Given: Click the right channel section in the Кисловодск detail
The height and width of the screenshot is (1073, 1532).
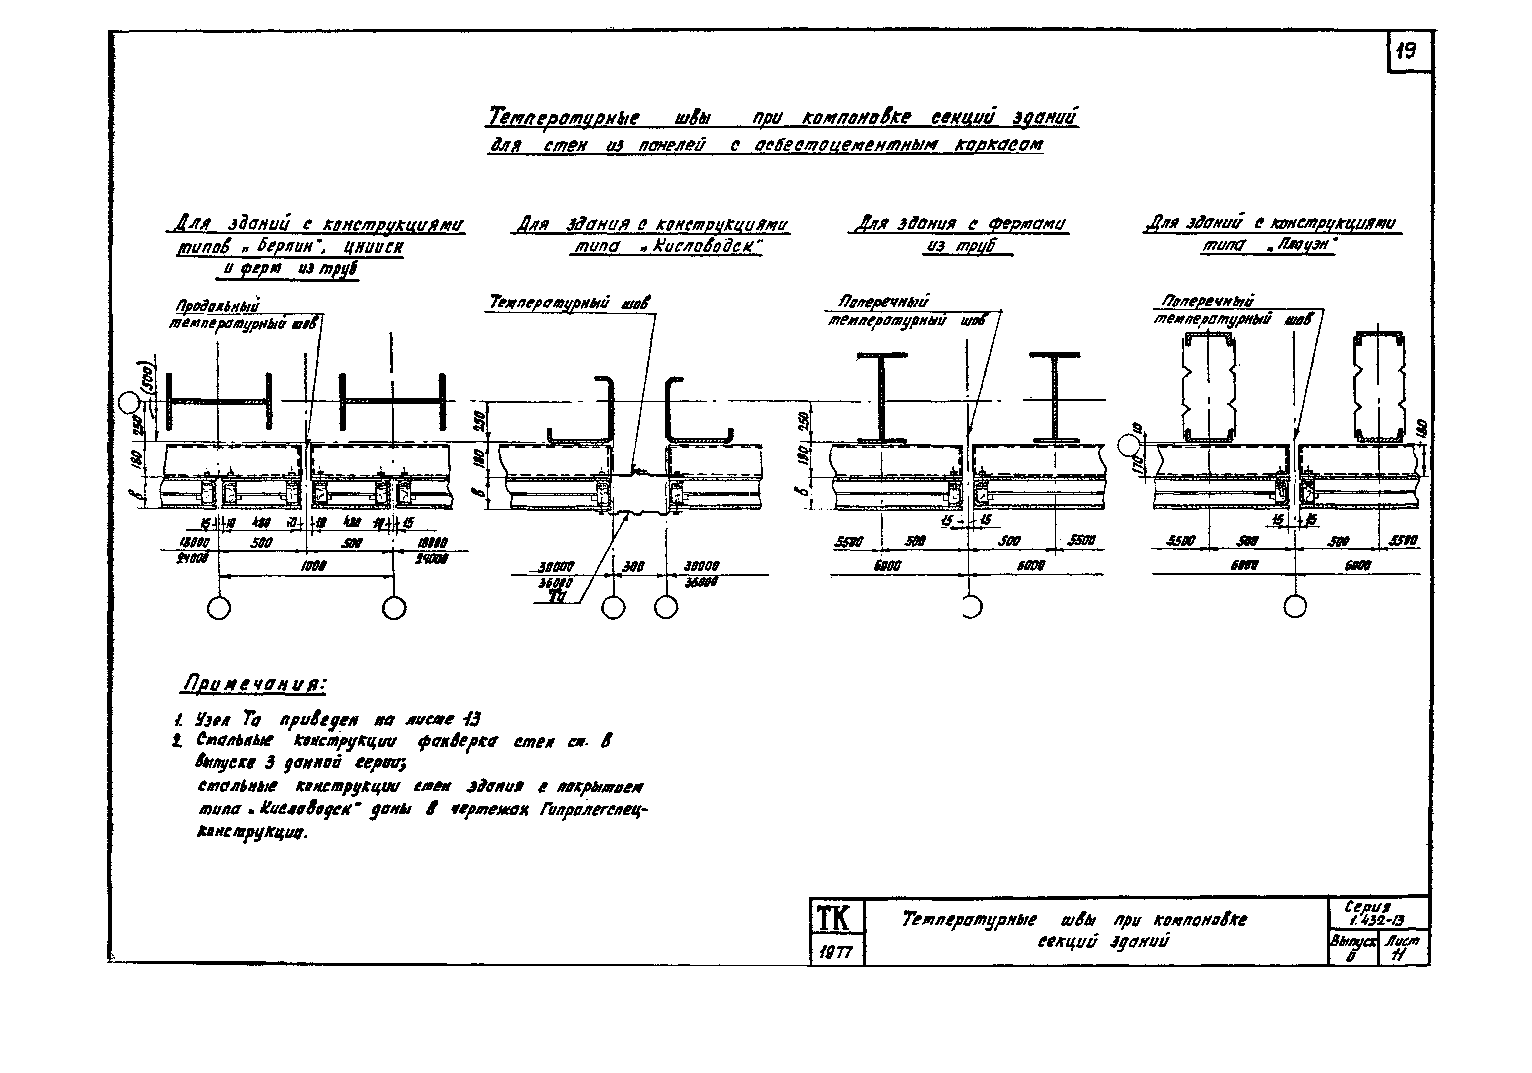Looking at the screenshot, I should (x=694, y=412).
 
